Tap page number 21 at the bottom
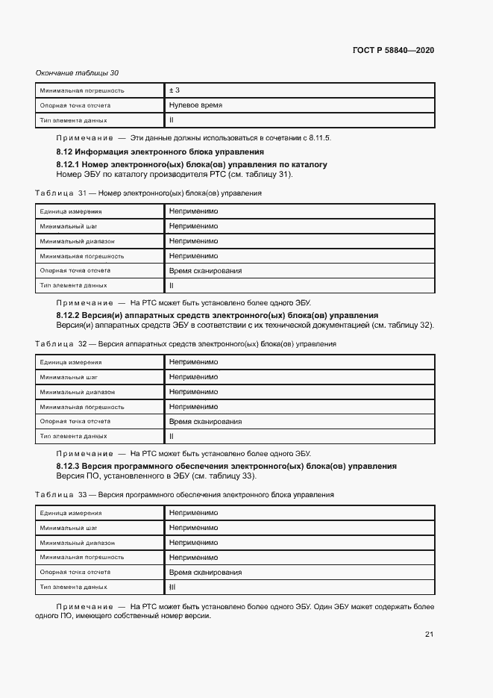[429, 635]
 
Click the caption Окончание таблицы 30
[77, 72]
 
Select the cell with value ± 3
[175, 90]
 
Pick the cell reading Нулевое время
[195, 105]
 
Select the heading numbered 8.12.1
[192, 164]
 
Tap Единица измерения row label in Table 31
[71, 212]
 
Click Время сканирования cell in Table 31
[205, 271]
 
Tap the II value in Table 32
[172, 436]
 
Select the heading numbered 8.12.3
[226, 466]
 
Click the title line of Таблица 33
[184, 495]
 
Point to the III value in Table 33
[172, 587]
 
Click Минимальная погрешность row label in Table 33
[82, 558]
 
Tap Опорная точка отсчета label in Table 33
[75, 572]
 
